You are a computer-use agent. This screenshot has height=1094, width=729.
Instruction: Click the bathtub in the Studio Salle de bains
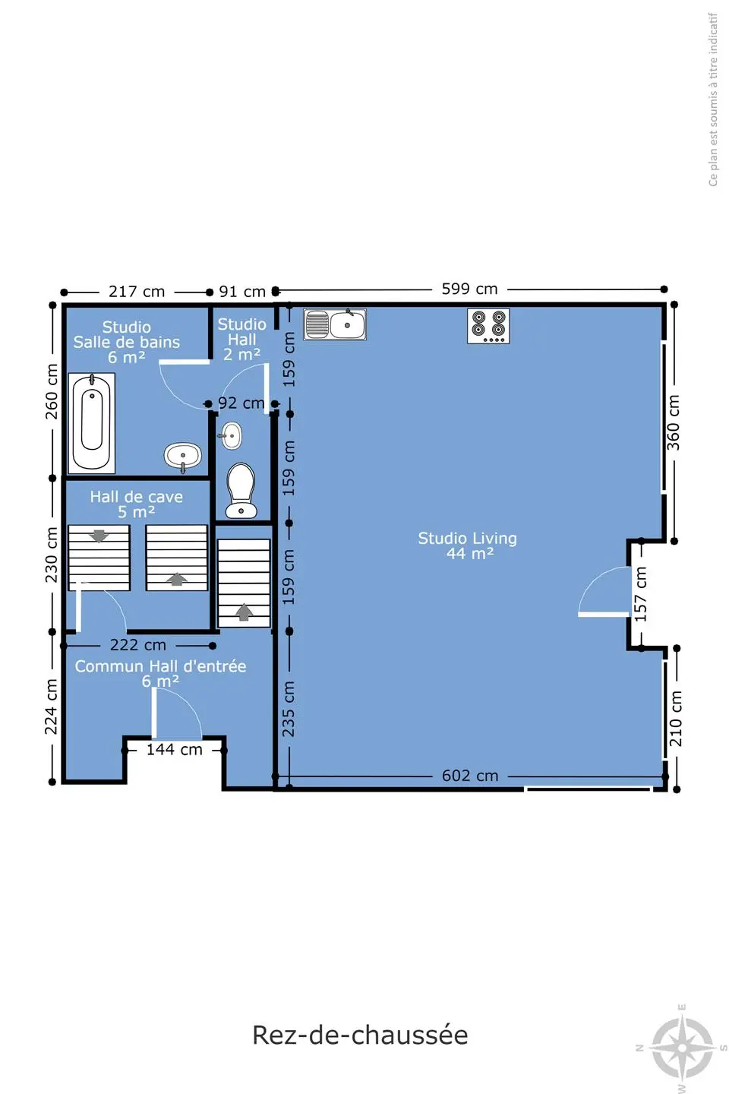pyautogui.click(x=92, y=423)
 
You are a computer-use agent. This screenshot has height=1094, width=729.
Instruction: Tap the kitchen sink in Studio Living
pyautogui.click(x=334, y=324)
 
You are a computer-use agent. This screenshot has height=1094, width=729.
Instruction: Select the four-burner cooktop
pyautogui.click(x=488, y=326)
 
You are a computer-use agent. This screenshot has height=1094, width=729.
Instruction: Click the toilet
pyautogui.click(x=241, y=490)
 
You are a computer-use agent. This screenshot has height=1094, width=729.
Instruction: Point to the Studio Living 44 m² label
pyautogui.click(x=467, y=545)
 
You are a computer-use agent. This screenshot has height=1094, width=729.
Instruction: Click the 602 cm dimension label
pyautogui.click(x=470, y=776)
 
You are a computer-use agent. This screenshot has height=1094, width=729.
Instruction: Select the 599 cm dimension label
pyautogui.click(x=469, y=289)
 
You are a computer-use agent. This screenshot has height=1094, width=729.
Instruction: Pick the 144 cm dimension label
pyautogui.click(x=175, y=749)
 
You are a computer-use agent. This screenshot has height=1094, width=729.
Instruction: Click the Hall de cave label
pyautogui.click(x=136, y=497)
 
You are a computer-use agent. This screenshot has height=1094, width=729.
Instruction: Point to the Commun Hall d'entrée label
pyautogui.click(x=160, y=666)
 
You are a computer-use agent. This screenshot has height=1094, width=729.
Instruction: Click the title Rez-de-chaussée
pyautogui.click(x=360, y=1035)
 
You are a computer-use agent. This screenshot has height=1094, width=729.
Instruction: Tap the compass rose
pyautogui.click(x=683, y=1048)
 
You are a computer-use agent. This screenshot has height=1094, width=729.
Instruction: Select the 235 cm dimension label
pyautogui.click(x=288, y=709)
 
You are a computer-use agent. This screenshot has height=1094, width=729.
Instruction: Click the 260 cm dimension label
pyautogui.click(x=52, y=391)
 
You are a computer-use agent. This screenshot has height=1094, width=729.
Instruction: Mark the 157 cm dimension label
pyautogui.click(x=640, y=594)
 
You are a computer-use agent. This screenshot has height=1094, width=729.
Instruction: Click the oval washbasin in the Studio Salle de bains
pyautogui.click(x=182, y=457)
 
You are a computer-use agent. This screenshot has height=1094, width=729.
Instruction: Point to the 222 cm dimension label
pyautogui.click(x=137, y=645)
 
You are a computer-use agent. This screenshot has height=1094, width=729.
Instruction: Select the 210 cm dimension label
pyautogui.click(x=675, y=718)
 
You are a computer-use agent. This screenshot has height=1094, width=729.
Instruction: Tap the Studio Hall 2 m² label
pyautogui.click(x=241, y=339)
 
